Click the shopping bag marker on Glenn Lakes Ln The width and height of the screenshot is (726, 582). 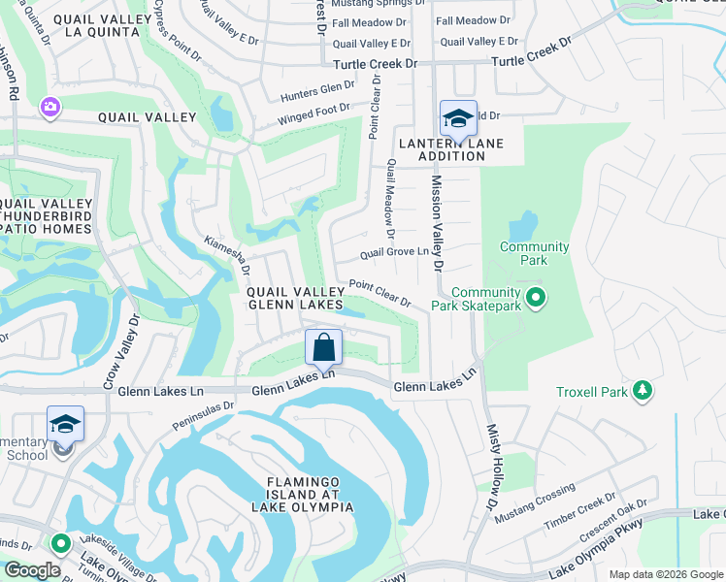[324, 347]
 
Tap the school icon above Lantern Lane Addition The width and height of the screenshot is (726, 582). [458, 119]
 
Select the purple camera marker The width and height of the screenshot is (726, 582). [49, 106]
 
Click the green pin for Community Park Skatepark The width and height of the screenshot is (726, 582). [533, 298]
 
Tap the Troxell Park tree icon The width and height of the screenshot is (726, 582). [641, 391]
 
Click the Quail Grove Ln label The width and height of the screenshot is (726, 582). [394, 252]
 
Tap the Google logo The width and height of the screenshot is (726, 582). [32, 570]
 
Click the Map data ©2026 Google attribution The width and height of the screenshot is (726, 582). [665, 574]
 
